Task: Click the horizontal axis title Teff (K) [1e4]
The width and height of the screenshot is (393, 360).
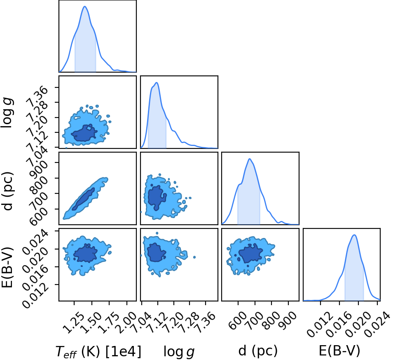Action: tap(98, 351)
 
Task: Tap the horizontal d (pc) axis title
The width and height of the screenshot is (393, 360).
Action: tap(258, 351)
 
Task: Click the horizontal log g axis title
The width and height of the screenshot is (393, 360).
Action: tap(179, 351)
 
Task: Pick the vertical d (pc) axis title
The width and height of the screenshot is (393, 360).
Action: tap(7, 191)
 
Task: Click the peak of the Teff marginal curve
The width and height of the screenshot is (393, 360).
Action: tap(85, 6)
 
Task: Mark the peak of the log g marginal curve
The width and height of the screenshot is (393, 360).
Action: tap(157, 82)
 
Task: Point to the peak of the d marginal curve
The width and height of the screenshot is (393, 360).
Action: tap(249, 159)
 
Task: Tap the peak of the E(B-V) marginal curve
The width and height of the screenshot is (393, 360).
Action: tap(354, 235)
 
